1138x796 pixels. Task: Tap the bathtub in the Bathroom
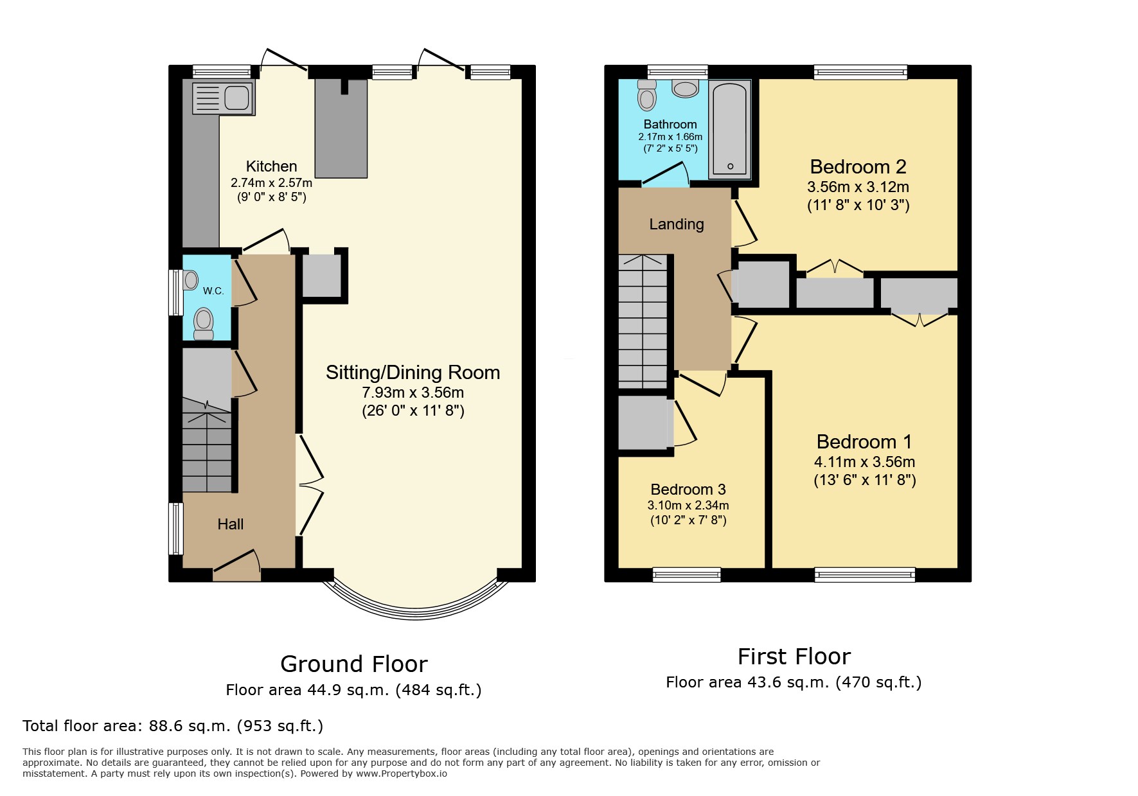tap(730, 128)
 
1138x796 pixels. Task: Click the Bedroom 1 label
tap(864, 442)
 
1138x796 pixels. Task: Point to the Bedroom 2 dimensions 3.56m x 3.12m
tap(858, 188)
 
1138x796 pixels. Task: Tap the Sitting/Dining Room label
tap(413, 373)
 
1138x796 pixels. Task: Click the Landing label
tap(676, 224)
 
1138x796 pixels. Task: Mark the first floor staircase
tap(643, 321)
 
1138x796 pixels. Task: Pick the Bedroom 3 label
tap(688, 490)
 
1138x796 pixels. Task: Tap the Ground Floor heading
tap(353, 664)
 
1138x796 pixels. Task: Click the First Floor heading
tap(794, 657)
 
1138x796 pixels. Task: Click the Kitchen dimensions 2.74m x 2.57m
tap(271, 183)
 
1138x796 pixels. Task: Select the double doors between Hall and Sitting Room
tap(310, 486)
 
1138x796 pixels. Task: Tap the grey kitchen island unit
tap(341, 128)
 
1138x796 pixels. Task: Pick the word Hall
tap(230, 524)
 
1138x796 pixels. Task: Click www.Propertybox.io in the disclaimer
tap(402, 774)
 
